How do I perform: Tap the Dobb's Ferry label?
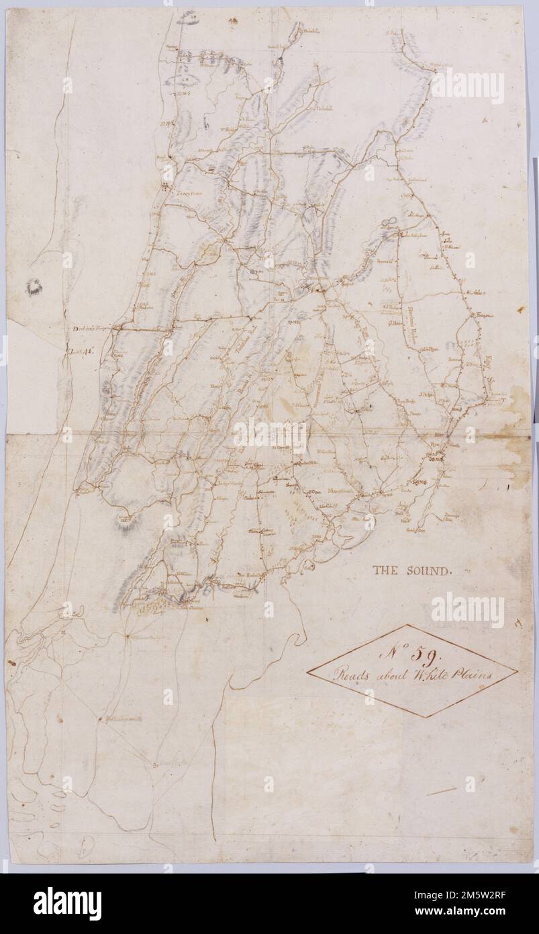pyautogui.click(x=91, y=329)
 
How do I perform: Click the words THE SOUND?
pyautogui.click(x=412, y=570)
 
